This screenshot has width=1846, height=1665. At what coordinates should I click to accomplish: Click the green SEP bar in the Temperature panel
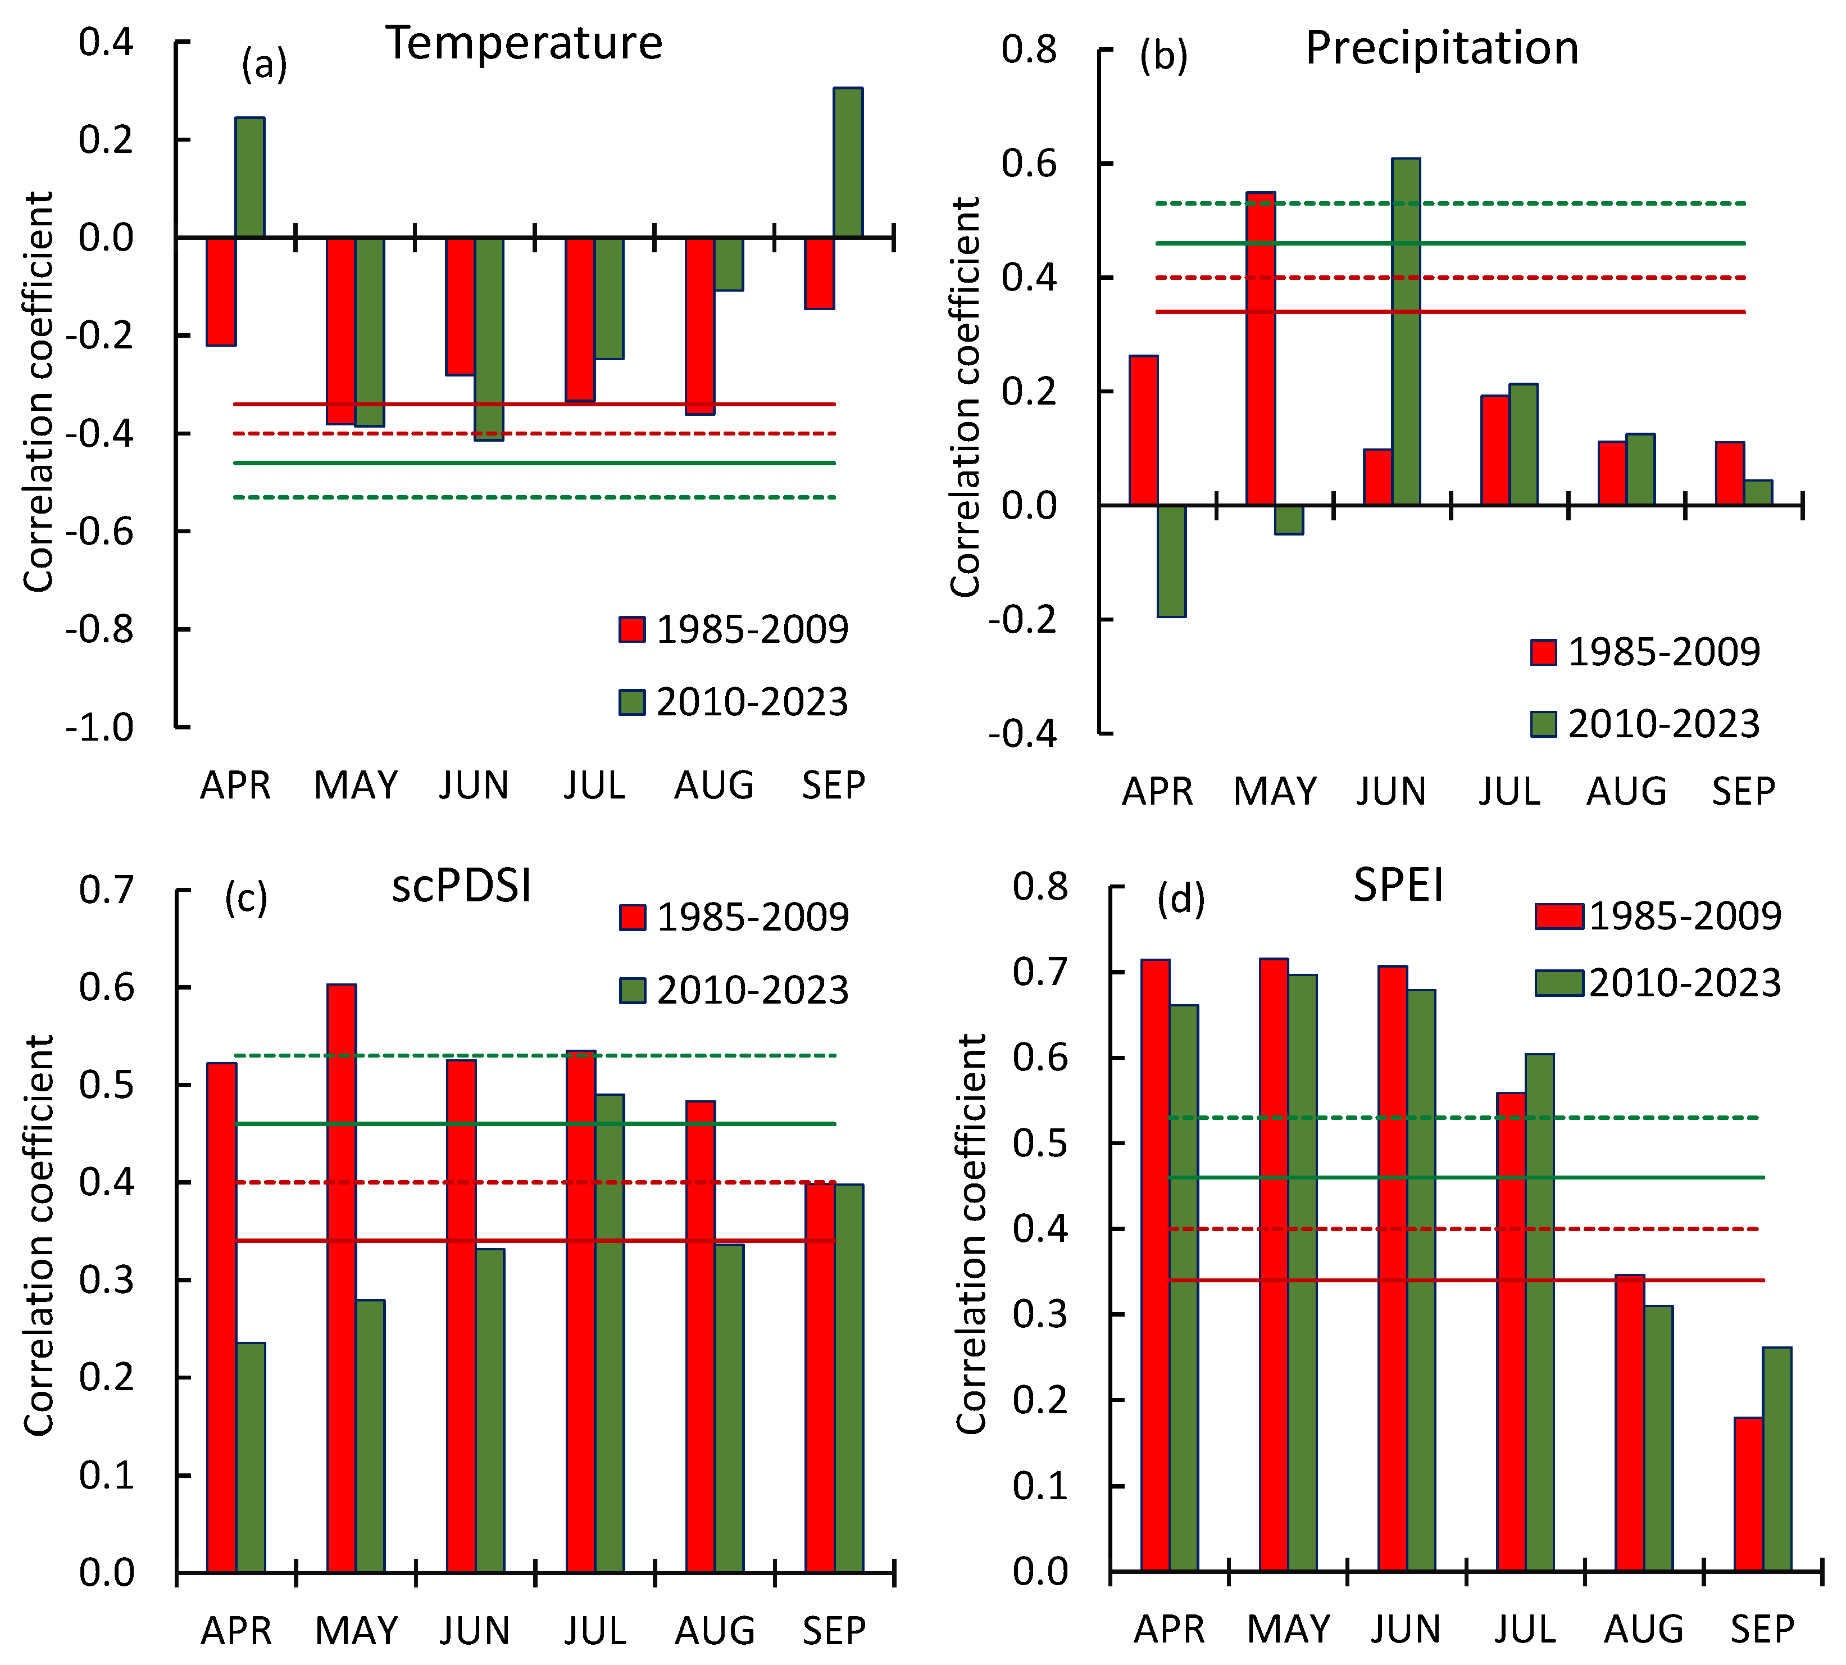(847, 163)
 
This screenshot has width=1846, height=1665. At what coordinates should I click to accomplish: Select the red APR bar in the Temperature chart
(220, 291)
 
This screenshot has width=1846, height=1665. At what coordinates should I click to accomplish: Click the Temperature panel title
(523, 43)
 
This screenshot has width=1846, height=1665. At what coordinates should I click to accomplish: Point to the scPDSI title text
(461, 886)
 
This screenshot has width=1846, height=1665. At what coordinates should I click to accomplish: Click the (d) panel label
(1180, 899)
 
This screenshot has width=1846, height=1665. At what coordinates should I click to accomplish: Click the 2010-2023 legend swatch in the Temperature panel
(632, 702)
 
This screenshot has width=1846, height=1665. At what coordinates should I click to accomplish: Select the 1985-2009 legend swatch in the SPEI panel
(1559, 916)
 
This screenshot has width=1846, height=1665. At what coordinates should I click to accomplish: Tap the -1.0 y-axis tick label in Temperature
(99, 728)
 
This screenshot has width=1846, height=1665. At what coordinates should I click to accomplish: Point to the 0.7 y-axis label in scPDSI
(106, 889)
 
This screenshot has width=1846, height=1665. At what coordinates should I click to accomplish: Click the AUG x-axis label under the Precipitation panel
(1626, 791)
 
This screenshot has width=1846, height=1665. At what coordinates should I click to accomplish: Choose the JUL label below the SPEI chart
(1524, 1630)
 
